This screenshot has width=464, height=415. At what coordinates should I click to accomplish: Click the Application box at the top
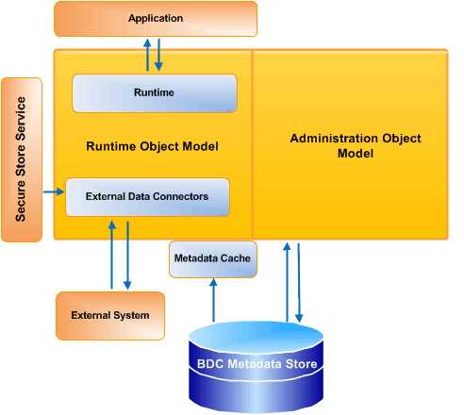point(156,18)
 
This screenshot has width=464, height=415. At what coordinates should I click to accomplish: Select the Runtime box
point(155,92)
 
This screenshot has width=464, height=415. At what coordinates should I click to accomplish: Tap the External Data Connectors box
point(147,197)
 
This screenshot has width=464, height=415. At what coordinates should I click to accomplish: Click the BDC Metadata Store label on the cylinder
point(256,364)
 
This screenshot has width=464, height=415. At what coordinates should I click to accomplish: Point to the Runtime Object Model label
point(152,146)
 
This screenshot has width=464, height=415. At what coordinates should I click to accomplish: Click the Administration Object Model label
point(356,145)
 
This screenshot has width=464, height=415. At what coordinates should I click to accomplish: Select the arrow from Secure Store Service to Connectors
point(54,192)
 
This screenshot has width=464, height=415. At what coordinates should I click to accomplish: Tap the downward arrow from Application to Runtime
point(159,55)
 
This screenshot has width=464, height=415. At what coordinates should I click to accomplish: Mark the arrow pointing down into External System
point(127,255)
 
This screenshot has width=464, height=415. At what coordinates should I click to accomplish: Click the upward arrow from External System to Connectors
point(111,255)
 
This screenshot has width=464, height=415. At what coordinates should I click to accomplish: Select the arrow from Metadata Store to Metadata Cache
point(213,300)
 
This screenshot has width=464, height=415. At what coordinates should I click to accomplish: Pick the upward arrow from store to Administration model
point(286,283)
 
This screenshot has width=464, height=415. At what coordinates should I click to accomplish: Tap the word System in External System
point(131,314)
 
